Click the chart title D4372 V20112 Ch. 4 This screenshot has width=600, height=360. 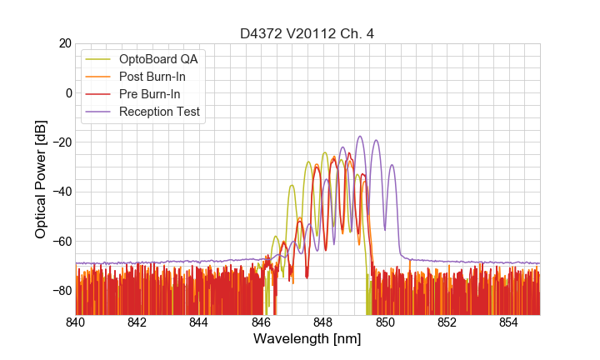point(307,33)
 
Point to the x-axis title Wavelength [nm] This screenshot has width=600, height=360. point(307,339)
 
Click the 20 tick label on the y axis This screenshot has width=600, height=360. point(64,43)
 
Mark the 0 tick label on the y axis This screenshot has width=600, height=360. point(67,92)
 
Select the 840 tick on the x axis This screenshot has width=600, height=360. point(76,322)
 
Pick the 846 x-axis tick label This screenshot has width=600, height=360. point(262,322)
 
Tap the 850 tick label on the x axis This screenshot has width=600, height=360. point(385,322)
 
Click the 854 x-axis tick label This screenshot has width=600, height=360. point(509,322)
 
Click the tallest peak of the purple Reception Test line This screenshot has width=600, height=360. point(360,137)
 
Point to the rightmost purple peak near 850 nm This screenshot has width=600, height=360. point(392,165)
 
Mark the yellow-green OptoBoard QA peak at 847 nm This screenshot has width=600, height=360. point(292,185)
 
